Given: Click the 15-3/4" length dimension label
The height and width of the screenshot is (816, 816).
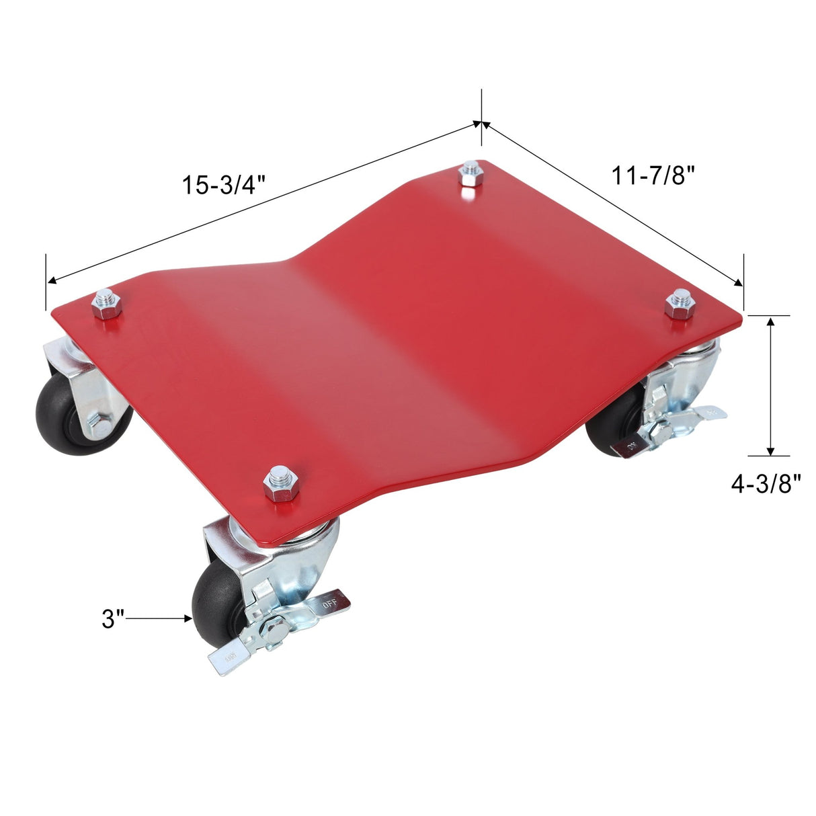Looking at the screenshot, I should [x=224, y=185].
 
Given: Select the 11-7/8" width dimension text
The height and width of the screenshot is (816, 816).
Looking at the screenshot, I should [x=652, y=176].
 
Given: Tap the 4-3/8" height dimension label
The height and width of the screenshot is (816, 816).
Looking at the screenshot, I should [x=766, y=483].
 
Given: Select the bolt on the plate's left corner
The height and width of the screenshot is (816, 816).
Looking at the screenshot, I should [x=106, y=306].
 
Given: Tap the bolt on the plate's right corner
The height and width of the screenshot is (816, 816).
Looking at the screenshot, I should [x=679, y=304].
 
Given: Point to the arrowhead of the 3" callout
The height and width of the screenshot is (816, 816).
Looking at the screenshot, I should [x=188, y=618].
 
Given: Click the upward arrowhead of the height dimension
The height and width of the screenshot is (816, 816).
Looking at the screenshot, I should [x=771, y=322].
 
